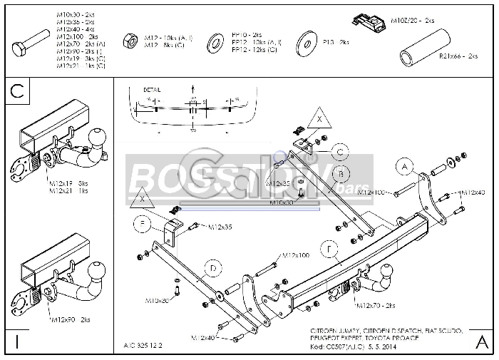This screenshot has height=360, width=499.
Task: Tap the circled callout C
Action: coord(341,151)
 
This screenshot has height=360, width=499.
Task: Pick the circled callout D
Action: coord(211,269)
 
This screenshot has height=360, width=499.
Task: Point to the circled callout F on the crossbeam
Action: coord(329,250)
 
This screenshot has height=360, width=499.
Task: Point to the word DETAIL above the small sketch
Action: coord(152,91)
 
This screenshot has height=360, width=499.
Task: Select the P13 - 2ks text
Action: coord(336,43)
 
